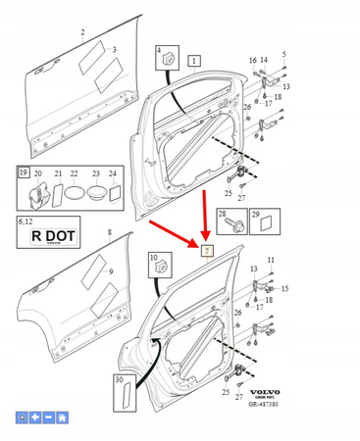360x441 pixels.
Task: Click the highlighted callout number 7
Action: coord(207,250)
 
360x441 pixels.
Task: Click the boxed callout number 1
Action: coord(194,61)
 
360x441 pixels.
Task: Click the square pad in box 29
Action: coord(262,224)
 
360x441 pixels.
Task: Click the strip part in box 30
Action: coord(125,395)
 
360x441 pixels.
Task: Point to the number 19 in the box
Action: coord(23,172)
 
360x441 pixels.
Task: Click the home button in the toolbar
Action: coord(63,417)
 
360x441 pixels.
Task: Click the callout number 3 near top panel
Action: coord(113,50)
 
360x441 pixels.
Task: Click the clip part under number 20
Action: coord(38,192)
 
